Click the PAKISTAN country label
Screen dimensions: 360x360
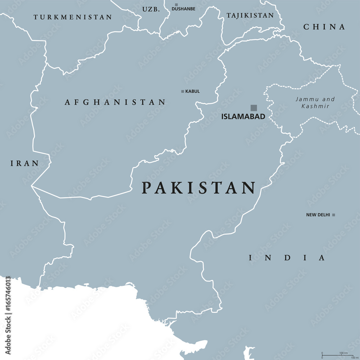(198, 188)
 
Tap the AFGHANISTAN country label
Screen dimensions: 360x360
(115, 102)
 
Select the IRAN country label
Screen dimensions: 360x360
(24, 163)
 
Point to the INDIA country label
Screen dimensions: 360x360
(287, 258)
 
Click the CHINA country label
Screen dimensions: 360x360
(324, 27)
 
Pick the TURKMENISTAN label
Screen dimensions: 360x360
(73, 17)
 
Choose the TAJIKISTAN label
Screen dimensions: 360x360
(250, 15)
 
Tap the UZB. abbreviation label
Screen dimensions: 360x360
(151, 9)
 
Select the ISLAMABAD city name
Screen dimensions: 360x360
(243, 116)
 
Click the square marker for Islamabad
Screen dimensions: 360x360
(254, 107)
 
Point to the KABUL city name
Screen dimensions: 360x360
(192, 91)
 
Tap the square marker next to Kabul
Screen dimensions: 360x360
(183, 91)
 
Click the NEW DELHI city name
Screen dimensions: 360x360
(318, 215)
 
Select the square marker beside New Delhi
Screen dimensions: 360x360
(334, 215)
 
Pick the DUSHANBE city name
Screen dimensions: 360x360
(183, 9)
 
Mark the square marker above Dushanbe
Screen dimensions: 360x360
(176, 5)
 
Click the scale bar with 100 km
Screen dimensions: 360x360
(337, 354)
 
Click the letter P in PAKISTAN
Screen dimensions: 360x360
(146, 188)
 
